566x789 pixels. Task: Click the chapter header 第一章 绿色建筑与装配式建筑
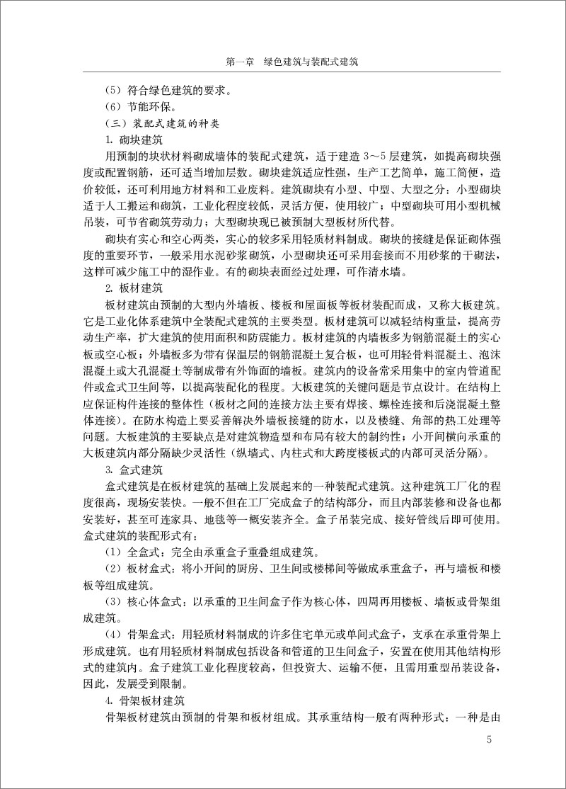coord(291,62)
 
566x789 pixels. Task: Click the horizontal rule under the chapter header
coord(291,72)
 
